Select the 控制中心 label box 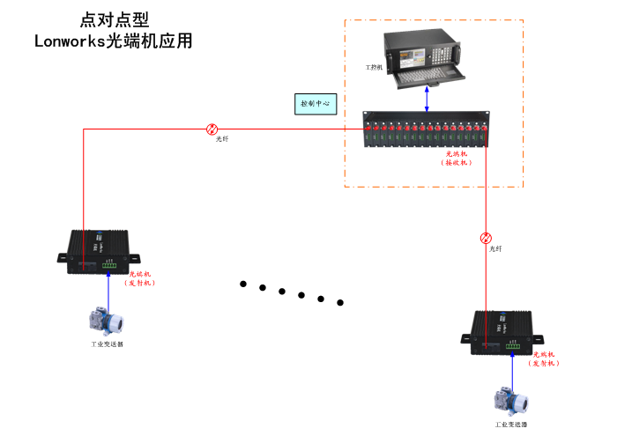[x=315, y=104]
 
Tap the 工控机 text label [x=374, y=67]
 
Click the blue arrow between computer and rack [x=427, y=100]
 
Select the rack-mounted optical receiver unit [x=427, y=130]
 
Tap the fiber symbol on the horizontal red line [x=212, y=129]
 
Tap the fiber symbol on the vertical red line [x=486, y=238]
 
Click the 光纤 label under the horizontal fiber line [x=222, y=139]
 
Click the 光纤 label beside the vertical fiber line [x=495, y=249]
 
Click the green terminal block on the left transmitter [x=109, y=263]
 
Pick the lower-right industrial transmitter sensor [x=510, y=401]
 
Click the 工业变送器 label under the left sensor [x=107, y=344]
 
